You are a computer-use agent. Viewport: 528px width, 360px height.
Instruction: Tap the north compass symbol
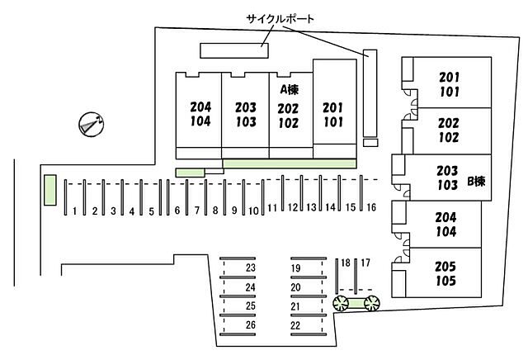point(89,125)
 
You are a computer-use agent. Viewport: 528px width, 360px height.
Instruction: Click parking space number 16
point(371,206)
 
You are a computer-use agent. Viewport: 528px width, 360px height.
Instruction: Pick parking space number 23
point(251,268)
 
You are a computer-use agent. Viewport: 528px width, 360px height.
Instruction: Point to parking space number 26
point(251,324)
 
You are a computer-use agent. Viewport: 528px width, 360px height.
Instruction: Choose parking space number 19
point(295,268)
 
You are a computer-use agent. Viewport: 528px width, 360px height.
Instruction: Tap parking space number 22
point(295,324)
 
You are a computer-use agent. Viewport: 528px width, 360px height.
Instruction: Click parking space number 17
point(365,263)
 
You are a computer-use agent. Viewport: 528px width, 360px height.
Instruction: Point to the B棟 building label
point(476,181)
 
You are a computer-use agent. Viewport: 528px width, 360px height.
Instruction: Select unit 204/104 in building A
point(200,113)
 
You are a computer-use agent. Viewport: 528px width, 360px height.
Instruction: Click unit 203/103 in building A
point(245,113)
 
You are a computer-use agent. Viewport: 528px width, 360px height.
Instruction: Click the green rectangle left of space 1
point(49,190)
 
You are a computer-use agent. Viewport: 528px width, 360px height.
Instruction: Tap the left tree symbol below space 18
point(341,304)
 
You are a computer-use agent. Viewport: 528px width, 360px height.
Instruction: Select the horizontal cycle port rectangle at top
point(234,50)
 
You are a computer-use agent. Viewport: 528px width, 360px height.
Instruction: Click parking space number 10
point(254,211)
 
